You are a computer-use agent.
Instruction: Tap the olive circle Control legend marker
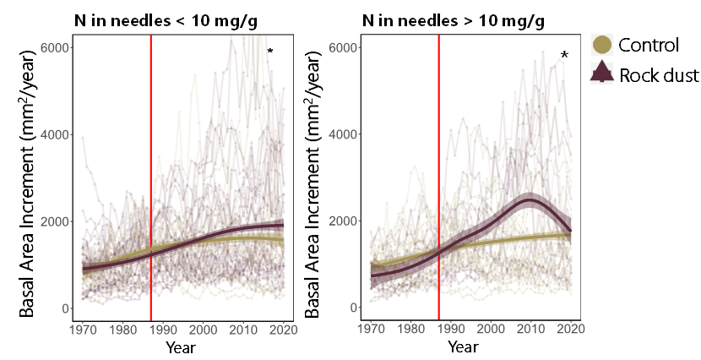(602, 45)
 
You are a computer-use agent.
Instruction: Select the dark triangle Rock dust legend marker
(602, 74)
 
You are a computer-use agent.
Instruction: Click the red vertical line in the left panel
(151, 169)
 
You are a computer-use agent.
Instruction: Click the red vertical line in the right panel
(439, 169)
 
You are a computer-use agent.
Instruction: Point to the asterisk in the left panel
(270, 52)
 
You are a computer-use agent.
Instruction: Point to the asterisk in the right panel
(564, 56)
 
